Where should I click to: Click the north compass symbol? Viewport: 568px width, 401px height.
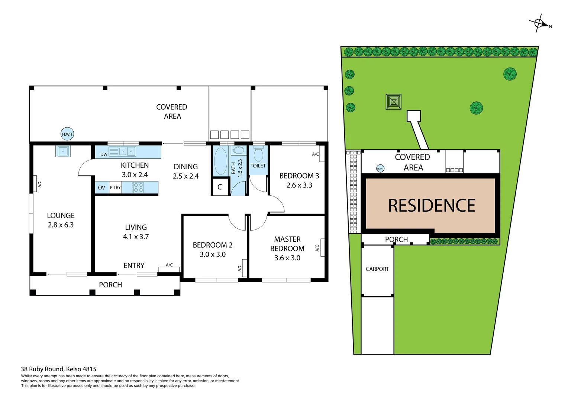coord(539,24)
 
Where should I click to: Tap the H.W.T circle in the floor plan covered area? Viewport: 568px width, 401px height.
coord(67,134)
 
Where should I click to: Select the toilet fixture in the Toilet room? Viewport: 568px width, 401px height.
coord(258,154)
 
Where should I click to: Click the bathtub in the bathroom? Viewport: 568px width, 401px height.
coord(221,161)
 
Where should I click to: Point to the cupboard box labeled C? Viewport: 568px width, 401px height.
coord(220,187)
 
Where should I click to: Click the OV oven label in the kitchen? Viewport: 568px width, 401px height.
coord(101,188)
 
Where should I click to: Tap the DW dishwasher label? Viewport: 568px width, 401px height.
coord(104,154)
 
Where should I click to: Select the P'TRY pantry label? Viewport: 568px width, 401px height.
coord(115,188)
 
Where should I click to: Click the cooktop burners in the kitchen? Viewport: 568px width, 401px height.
coord(138,188)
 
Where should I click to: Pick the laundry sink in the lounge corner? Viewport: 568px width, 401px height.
coord(63,151)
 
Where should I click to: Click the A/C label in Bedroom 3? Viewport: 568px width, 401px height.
coord(315,154)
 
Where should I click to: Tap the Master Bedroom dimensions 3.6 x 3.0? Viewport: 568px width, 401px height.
coord(287,258)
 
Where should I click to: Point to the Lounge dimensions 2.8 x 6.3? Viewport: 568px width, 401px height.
coord(61,225)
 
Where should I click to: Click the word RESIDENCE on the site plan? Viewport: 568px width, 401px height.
coord(432,206)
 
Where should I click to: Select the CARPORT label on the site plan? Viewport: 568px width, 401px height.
coord(377,269)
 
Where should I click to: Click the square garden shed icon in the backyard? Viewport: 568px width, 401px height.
coord(393,102)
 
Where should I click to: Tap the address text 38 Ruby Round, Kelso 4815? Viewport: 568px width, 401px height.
coord(58,369)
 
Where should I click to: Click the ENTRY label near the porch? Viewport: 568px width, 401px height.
coord(134,266)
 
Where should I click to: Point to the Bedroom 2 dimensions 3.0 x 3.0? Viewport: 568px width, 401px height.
coord(213,255)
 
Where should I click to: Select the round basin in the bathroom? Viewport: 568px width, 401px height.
coord(239,150)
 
